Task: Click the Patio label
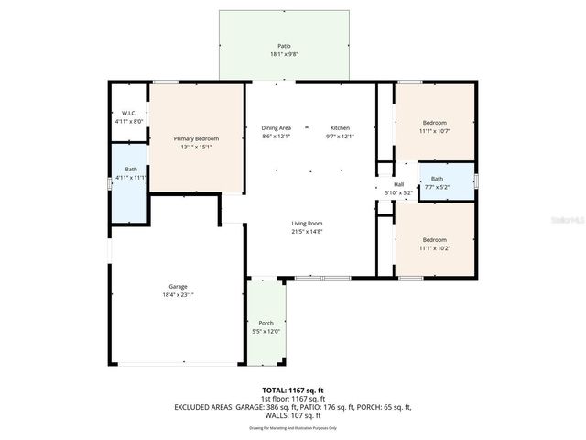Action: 284,45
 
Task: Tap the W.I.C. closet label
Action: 130,113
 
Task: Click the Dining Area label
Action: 276,127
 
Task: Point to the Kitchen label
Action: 340,127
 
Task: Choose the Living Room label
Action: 307,223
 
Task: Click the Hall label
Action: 398,184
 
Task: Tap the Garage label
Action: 178,286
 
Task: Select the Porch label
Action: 266,323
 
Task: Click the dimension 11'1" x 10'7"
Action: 434,131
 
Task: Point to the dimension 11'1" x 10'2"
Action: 434,247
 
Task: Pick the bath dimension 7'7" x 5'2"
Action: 437,187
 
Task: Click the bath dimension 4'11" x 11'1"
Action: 131,178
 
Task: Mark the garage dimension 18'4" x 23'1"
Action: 178,294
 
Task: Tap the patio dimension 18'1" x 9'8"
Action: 284,54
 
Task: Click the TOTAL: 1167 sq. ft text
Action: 293,390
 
